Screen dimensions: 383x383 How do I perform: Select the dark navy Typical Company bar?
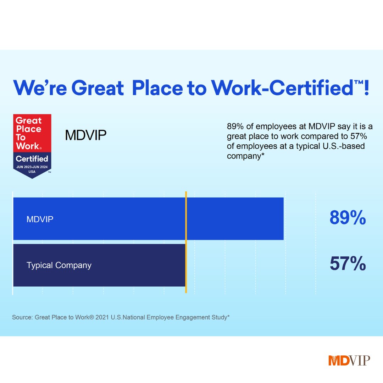pyautogui.click(x=99, y=265)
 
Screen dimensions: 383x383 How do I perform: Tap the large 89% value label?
pyautogui.click(x=348, y=218)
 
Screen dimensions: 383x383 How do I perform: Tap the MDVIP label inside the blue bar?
pyautogui.click(x=40, y=219)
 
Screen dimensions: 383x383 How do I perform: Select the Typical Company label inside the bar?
pyautogui.click(x=59, y=265)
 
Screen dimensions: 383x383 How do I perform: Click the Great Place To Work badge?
pyautogui.click(x=32, y=145)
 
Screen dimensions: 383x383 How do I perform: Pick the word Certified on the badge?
pyautogui.click(x=32, y=159)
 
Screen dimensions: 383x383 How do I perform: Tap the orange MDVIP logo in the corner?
pyautogui.click(x=349, y=360)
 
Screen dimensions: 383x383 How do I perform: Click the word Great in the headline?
pyautogui.click(x=98, y=88)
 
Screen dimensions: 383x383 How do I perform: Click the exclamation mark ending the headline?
pyautogui.click(x=366, y=88)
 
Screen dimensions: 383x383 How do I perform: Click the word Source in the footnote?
pyautogui.click(x=22, y=317)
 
